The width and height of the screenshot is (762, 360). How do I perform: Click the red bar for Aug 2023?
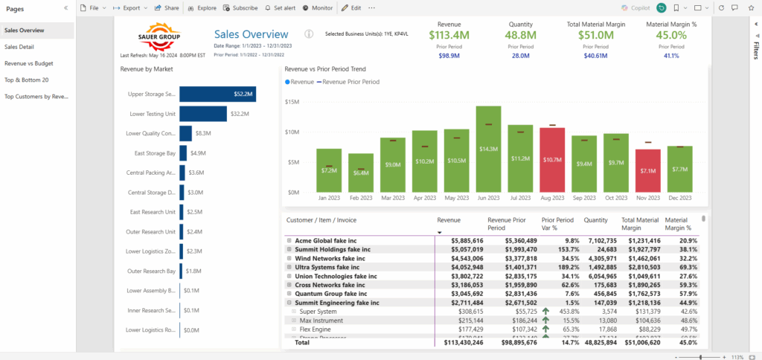(553, 161)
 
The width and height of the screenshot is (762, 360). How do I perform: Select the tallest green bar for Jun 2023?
(488, 149)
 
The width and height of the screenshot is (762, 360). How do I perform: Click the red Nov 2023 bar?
(648, 171)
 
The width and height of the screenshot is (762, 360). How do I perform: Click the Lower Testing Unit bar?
(202, 114)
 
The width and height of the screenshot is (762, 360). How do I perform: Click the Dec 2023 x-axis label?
(680, 199)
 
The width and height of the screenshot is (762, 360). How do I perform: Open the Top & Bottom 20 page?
(27, 80)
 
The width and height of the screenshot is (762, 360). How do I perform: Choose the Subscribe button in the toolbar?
(240, 7)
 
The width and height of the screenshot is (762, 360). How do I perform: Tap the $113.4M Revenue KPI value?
(449, 34)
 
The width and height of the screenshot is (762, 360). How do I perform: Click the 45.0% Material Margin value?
(667, 34)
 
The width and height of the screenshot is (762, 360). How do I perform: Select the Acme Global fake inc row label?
(326, 241)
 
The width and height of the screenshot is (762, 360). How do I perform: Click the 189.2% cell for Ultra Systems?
(563, 267)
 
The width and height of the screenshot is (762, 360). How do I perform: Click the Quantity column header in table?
(595, 220)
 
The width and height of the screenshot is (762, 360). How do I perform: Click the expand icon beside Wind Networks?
(289, 258)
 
